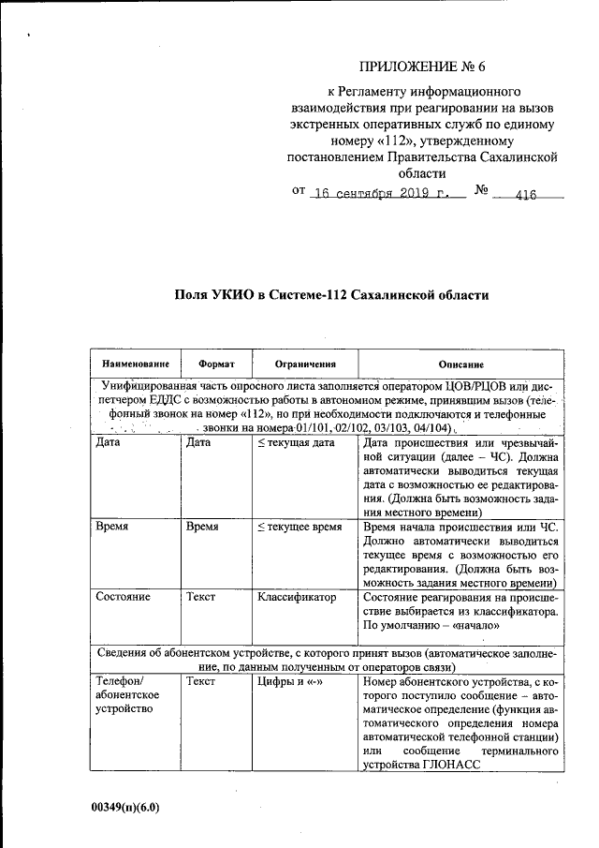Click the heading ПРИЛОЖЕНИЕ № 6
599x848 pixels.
pos(424,67)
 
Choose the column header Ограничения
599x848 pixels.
pos(305,364)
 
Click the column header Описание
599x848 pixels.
pos(460,364)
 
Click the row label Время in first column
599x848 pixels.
pos(112,528)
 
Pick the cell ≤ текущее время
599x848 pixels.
pos(299,528)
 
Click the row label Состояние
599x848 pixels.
pos(124,596)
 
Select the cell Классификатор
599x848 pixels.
pos(297,596)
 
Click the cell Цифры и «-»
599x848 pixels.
pos(290,682)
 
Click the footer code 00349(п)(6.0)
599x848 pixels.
pos(125,806)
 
